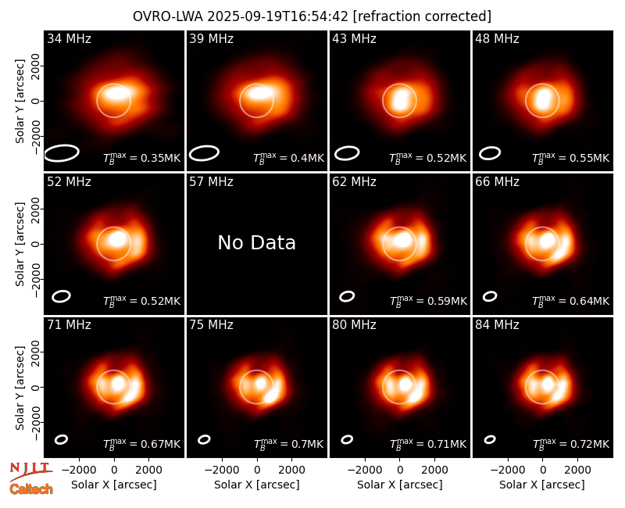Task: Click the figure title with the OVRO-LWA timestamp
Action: [x=312, y=16]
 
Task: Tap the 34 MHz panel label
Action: [x=69, y=38]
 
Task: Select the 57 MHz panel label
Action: [x=211, y=182]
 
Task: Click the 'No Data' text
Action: [x=257, y=242]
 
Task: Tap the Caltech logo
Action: [x=31, y=489]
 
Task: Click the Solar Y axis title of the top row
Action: [x=20, y=102]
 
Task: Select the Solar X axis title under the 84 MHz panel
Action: [x=542, y=485]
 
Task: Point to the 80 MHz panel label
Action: [x=355, y=325]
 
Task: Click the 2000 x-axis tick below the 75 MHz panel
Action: [x=291, y=470]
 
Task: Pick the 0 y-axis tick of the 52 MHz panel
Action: [x=36, y=244]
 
